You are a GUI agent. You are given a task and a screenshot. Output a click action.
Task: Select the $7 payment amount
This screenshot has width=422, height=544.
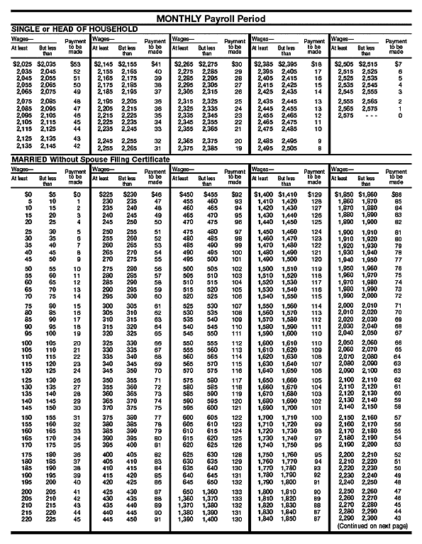pyautogui.click(x=399, y=65)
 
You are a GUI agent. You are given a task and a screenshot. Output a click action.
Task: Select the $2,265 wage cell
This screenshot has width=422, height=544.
pyautogui.click(x=182, y=65)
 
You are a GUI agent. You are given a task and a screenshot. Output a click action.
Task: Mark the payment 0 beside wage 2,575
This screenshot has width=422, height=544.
pyautogui.click(x=400, y=115)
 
